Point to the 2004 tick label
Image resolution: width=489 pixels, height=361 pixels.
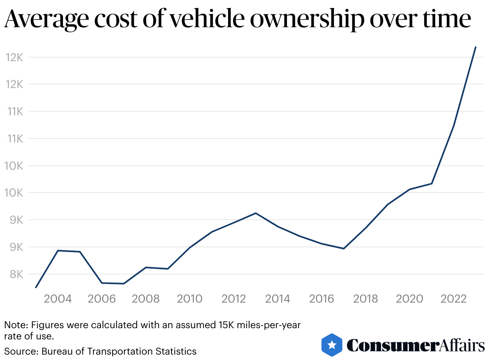(58, 299)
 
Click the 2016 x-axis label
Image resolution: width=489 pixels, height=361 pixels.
(321, 299)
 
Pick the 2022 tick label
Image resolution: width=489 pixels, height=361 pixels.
(453, 299)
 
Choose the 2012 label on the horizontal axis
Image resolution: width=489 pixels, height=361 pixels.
(234, 299)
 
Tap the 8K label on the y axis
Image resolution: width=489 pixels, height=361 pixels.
(15, 275)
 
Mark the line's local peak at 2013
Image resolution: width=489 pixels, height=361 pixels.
(256, 213)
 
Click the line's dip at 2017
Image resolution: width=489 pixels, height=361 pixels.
(344, 249)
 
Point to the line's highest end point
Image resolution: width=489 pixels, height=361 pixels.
(475, 47)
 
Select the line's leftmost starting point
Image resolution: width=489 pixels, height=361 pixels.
(36, 287)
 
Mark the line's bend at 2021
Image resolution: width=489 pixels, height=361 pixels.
(432, 183)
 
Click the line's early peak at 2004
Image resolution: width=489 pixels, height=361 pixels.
(58, 251)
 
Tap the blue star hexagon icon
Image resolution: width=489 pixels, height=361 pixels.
(331, 345)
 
